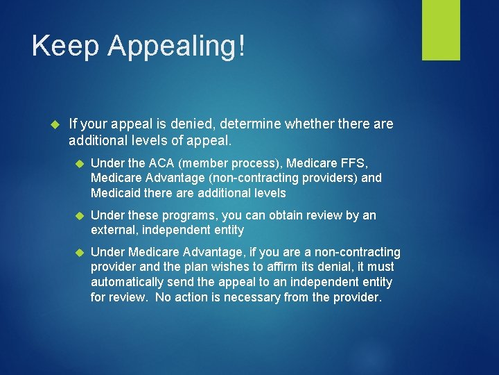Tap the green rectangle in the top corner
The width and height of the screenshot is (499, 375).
pyautogui.click(x=441, y=30)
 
